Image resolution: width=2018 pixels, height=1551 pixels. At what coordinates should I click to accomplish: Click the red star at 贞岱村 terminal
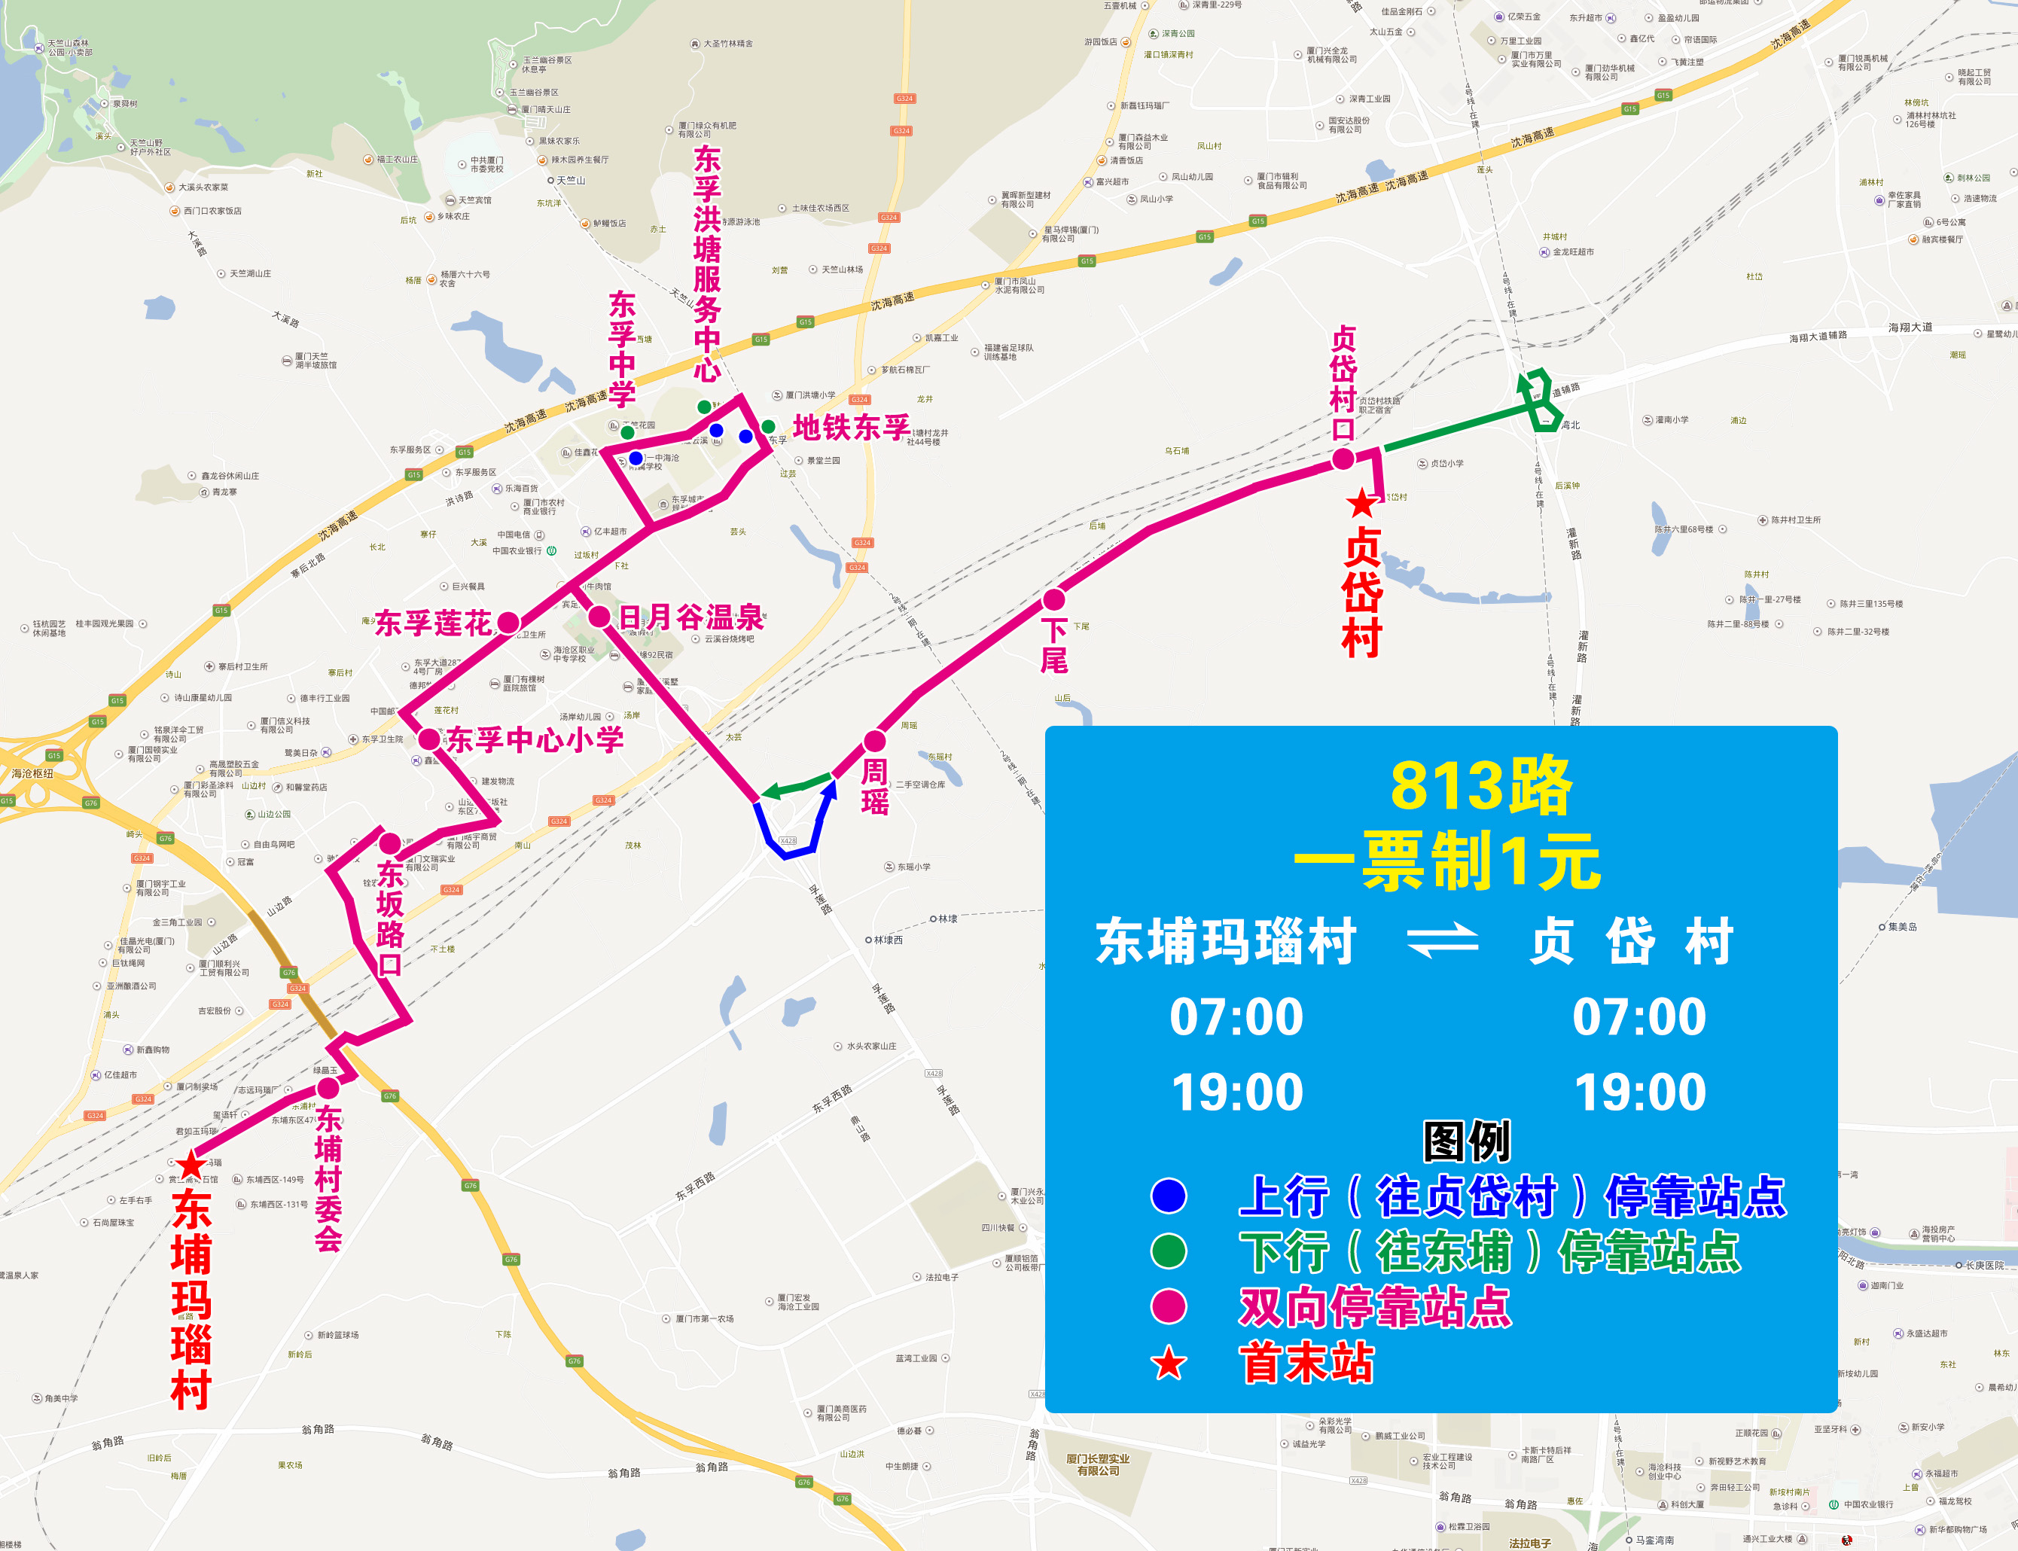pos(1361,503)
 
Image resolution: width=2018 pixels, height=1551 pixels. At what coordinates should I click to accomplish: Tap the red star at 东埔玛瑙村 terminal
pos(191,1165)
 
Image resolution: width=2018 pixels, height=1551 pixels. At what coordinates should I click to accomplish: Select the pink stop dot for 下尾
pos(1053,600)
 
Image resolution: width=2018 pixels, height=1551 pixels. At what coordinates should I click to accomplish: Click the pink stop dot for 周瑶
pos(874,740)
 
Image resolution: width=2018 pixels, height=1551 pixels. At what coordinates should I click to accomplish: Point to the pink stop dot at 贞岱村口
pos(1343,459)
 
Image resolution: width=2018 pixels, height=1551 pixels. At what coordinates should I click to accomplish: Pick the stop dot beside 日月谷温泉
pos(599,617)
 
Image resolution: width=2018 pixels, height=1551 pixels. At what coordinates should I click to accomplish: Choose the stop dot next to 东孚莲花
pos(509,622)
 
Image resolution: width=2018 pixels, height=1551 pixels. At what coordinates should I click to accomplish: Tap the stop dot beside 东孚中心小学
pos(429,739)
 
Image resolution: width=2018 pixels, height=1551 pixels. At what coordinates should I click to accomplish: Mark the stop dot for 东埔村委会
pos(328,1089)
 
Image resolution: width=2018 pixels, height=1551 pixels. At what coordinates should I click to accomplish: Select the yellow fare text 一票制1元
pos(1446,861)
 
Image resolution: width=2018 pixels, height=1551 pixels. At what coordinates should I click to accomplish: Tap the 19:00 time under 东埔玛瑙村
pos(1237,1092)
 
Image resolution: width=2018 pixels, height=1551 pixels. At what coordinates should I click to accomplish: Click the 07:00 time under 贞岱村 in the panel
pos(1639,1016)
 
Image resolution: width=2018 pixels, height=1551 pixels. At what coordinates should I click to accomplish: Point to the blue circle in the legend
pos(1169,1196)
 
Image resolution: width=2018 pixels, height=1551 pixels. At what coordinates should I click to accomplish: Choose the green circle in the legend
pos(1169,1251)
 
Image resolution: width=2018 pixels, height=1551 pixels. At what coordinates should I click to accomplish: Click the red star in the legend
pos(1169,1363)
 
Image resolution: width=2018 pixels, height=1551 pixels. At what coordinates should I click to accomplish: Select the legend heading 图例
pos(1466,1142)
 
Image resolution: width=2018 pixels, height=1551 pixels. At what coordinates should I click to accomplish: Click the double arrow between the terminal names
pos(1442,943)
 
